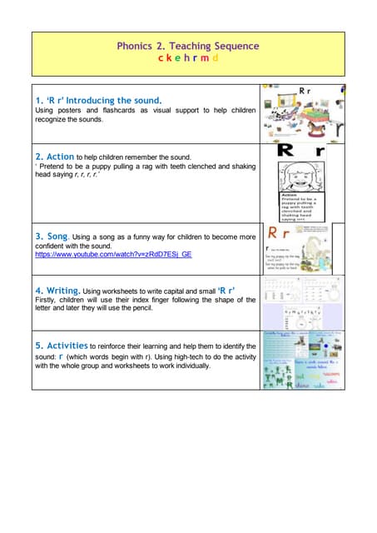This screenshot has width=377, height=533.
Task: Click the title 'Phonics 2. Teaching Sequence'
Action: (x=187, y=47)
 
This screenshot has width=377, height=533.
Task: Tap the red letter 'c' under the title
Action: (x=161, y=59)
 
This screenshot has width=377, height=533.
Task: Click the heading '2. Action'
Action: (x=55, y=156)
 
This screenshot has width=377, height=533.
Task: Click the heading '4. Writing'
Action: (x=57, y=290)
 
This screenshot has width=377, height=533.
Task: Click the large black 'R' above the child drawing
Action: (x=285, y=152)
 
